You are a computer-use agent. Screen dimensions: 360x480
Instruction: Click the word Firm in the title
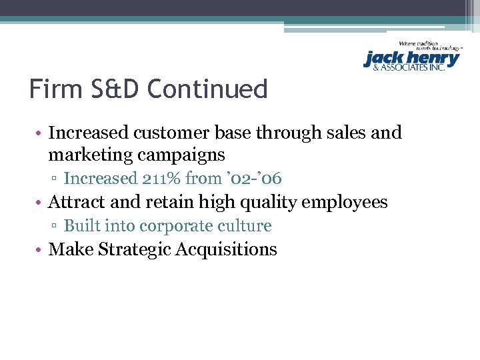coord(53,89)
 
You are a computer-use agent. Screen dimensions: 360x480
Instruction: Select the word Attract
coord(76,202)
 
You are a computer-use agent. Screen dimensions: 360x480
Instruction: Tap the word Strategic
coord(128,249)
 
